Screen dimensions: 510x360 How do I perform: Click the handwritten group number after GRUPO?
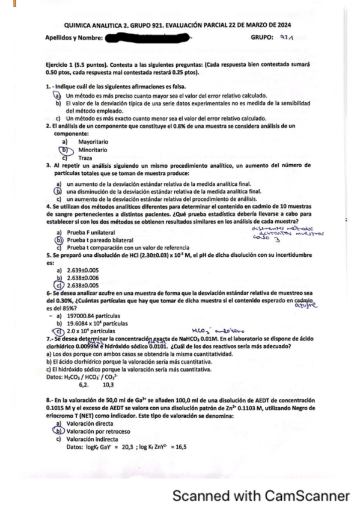285,37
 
